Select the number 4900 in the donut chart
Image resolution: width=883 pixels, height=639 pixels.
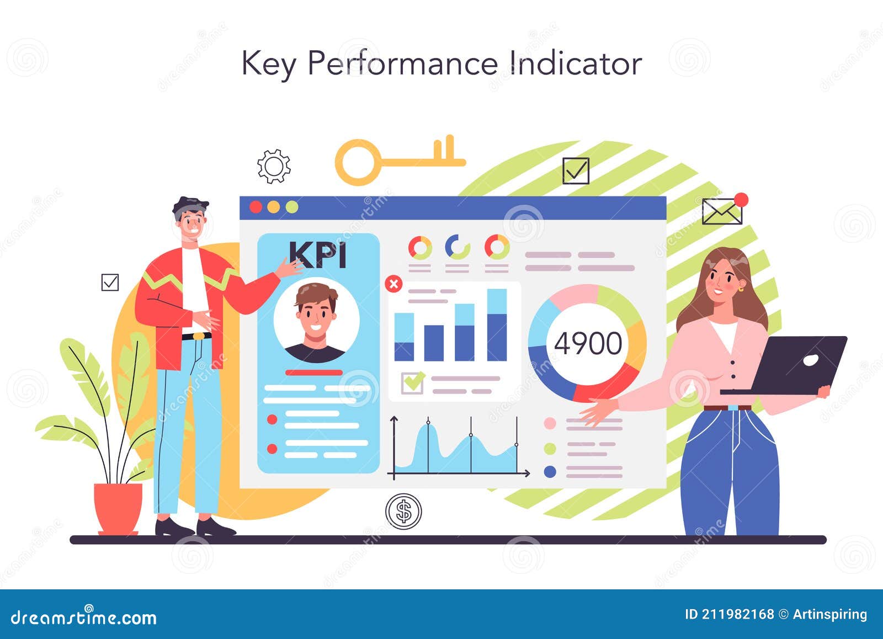coord(588,343)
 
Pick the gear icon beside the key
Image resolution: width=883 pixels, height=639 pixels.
coord(274,166)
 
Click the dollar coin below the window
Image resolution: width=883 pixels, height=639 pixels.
coord(403,511)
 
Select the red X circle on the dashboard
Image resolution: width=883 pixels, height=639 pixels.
coord(393,284)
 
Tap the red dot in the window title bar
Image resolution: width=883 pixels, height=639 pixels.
coord(256,207)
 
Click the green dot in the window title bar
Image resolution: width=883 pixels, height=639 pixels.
coord(292,207)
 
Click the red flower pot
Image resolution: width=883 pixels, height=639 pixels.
coord(118,507)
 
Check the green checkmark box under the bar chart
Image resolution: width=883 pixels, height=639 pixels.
coord(412,382)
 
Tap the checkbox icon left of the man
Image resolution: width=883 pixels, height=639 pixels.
coord(110,282)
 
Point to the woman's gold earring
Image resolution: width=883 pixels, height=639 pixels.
coord(741,288)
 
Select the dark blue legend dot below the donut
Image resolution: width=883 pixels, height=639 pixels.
coord(550,472)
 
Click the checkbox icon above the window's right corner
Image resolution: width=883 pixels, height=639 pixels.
coord(576,171)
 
